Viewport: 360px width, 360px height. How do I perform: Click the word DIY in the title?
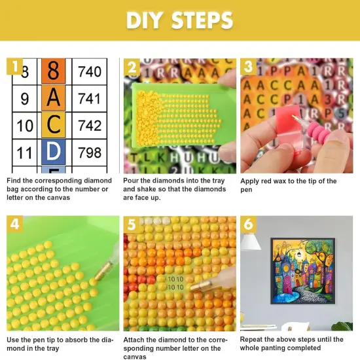click(x=144, y=20)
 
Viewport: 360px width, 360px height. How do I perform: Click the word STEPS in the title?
click(x=202, y=20)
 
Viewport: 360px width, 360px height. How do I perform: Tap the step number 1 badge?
click(x=14, y=66)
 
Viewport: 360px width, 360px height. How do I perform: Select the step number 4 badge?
click(x=14, y=224)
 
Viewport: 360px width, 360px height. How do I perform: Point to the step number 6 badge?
click(x=248, y=224)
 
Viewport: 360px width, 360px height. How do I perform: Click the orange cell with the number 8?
click(x=53, y=71)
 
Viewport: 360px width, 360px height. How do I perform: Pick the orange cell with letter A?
click(x=53, y=98)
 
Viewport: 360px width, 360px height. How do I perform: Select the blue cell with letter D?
click(x=53, y=152)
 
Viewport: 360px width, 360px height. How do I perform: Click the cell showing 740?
click(x=90, y=71)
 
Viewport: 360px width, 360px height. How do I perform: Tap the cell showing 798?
click(x=90, y=153)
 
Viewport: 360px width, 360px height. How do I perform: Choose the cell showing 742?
click(x=90, y=126)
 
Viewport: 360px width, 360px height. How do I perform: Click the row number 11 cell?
click(x=24, y=153)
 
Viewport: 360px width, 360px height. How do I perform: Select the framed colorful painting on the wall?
click(x=302, y=271)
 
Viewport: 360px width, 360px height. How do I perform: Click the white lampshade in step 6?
click(x=250, y=242)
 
